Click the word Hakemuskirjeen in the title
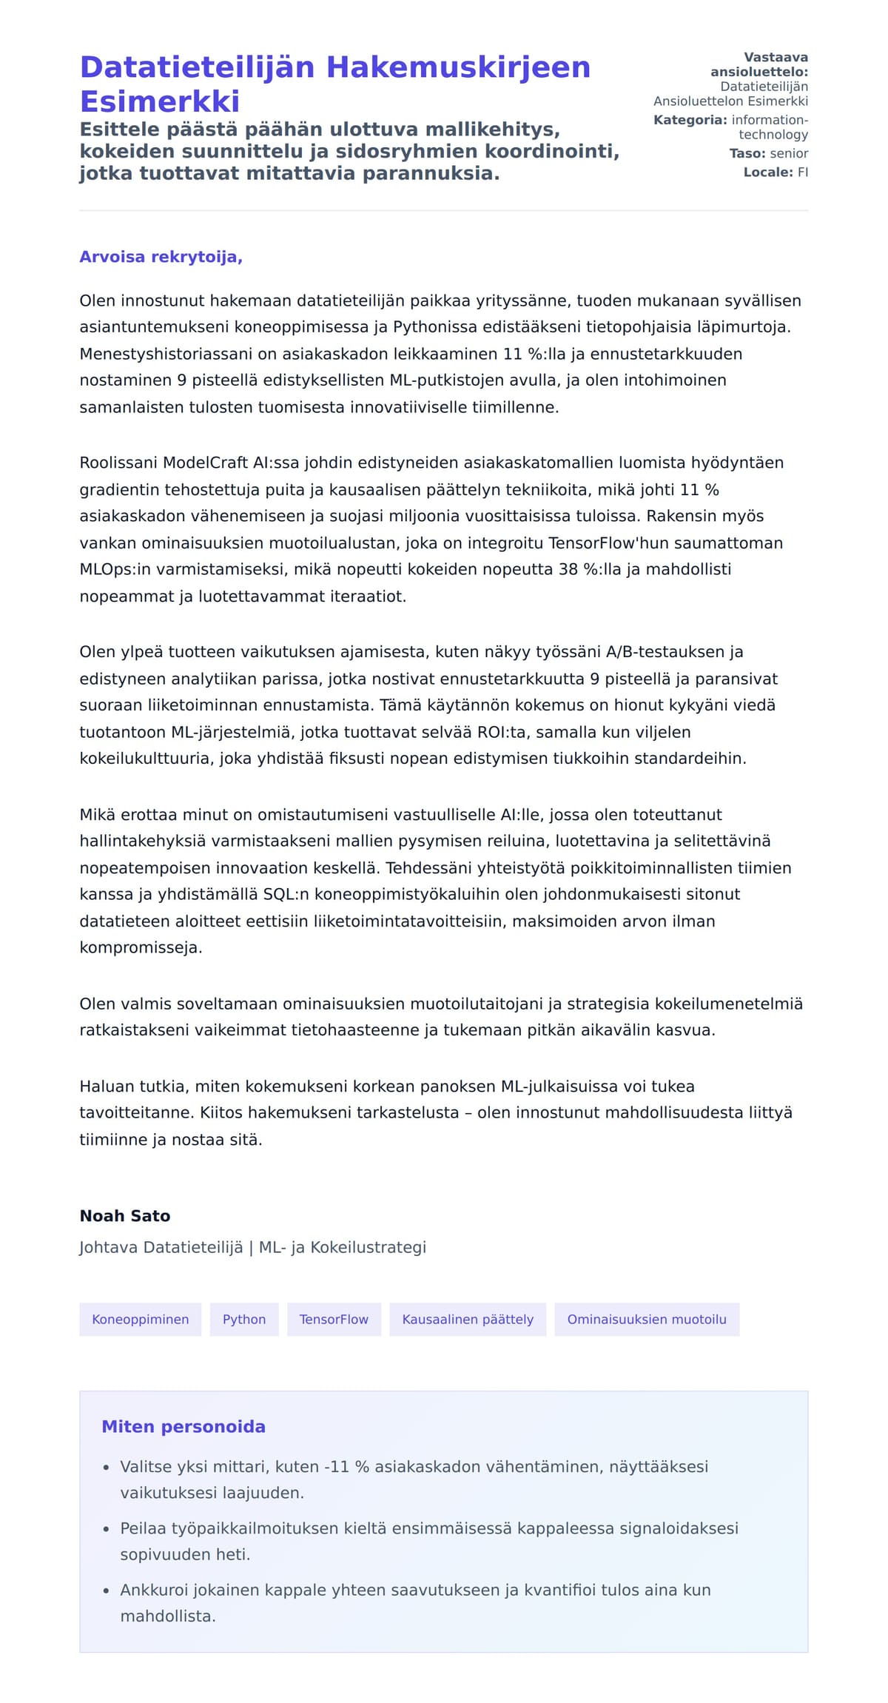tap(458, 67)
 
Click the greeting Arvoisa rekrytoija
tap(161, 257)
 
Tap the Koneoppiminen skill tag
tap(140, 1319)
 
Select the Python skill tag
tap(243, 1319)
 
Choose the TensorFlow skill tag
tap(334, 1319)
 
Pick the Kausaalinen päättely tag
tap(467, 1319)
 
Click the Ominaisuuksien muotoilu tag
tap(646, 1319)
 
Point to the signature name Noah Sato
tap(125, 1216)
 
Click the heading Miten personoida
tap(183, 1427)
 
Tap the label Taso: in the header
tap(747, 153)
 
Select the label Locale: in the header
tap(767, 172)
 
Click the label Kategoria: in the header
tap(690, 120)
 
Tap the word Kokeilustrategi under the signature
tap(368, 1247)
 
